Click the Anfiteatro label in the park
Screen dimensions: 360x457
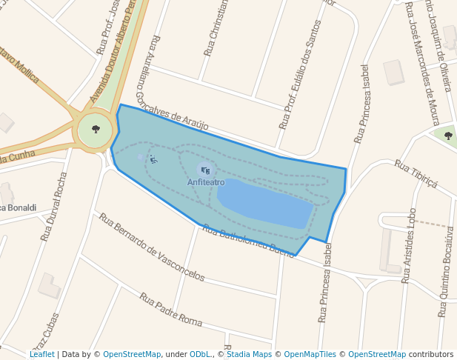(x=206, y=182)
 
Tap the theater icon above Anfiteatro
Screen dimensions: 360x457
(x=205, y=170)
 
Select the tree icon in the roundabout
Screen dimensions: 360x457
(x=96, y=130)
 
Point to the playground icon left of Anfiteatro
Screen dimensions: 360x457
(x=153, y=159)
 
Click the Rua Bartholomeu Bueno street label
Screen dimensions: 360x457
(x=252, y=240)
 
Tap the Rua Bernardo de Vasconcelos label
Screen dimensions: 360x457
(x=152, y=247)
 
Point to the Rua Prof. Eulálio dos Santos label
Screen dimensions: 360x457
(x=300, y=75)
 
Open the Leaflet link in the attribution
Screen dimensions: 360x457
(x=41, y=354)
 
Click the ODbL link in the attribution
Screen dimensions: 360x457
(x=200, y=354)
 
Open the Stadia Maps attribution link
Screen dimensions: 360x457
(x=249, y=354)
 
